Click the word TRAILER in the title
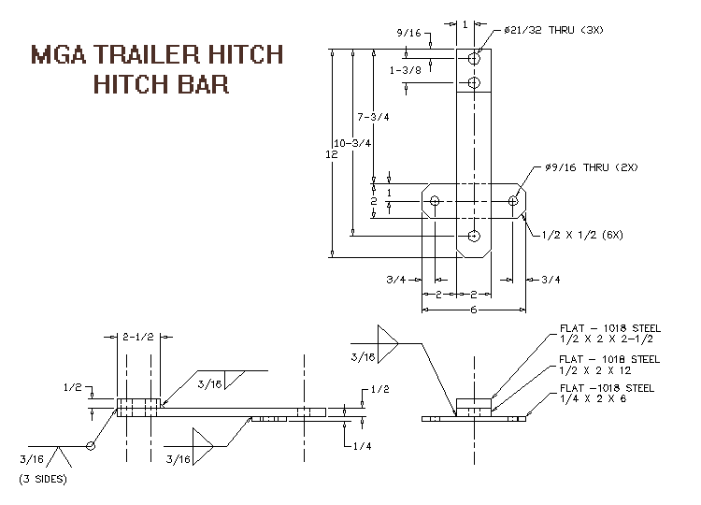point(147,54)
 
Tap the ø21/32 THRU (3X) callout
point(553,30)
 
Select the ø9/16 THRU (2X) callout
point(592,167)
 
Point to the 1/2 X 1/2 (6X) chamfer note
point(582,235)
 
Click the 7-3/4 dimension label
point(373,117)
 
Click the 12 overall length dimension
point(332,154)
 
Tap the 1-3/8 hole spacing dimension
point(406,70)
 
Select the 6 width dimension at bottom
point(474,310)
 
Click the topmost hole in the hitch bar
point(474,58)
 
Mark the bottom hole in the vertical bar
point(474,236)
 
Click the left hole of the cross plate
point(435,201)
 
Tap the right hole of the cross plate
point(513,201)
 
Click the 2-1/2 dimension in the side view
point(138,337)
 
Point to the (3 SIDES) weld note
point(43,479)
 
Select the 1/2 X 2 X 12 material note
point(595,370)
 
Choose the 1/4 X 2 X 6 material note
point(593,398)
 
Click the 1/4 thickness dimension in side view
point(362,446)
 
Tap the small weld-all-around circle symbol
point(91,446)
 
